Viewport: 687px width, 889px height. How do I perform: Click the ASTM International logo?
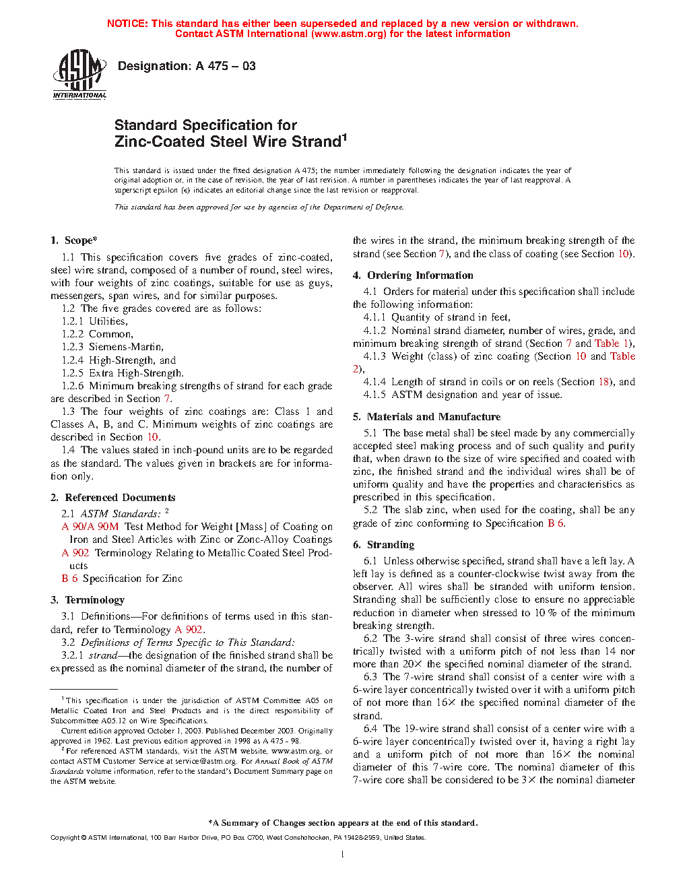coord(79,75)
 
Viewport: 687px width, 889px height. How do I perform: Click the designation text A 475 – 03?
coord(187,66)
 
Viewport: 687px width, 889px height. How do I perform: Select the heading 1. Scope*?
coord(73,240)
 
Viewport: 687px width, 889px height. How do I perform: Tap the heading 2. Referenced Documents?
coord(112,498)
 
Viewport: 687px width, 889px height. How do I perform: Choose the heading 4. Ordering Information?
coord(413,275)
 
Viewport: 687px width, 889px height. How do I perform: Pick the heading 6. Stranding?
coord(383,545)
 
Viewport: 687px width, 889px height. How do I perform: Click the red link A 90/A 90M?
coord(90,527)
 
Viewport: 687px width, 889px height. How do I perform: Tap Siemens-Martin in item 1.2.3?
coord(126,347)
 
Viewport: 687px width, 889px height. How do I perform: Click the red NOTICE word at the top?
coord(127,24)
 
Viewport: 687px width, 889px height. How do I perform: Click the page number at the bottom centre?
coord(343,855)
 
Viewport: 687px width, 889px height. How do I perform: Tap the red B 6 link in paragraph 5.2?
coord(556,523)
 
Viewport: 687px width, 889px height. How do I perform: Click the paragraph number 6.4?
coord(370,729)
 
